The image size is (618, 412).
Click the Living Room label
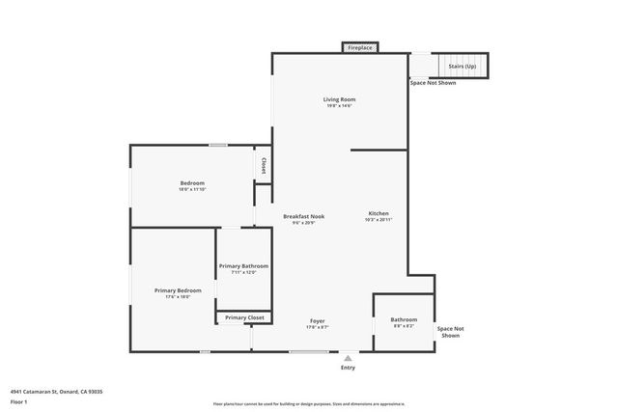coord(339,99)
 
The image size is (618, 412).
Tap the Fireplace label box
coord(360,47)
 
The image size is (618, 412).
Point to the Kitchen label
coord(379,213)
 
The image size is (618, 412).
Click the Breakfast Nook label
coord(303,216)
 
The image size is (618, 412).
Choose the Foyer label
coord(317,320)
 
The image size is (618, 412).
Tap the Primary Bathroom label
coord(243,266)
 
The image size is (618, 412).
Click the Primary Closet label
coord(244,317)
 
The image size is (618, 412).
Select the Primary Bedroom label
coord(178,290)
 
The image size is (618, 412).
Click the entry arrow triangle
coord(348,358)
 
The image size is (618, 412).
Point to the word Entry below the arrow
coord(348,368)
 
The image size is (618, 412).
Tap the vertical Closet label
coord(264,166)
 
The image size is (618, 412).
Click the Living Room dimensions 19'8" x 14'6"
coord(339,106)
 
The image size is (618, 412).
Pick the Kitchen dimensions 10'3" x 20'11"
coord(379,220)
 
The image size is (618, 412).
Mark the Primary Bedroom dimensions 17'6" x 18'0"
coord(178,297)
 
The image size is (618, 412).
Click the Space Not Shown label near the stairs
coord(433,83)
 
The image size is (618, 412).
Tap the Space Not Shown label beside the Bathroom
coord(450,332)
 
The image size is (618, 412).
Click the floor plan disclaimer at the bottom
coord(308,404)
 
